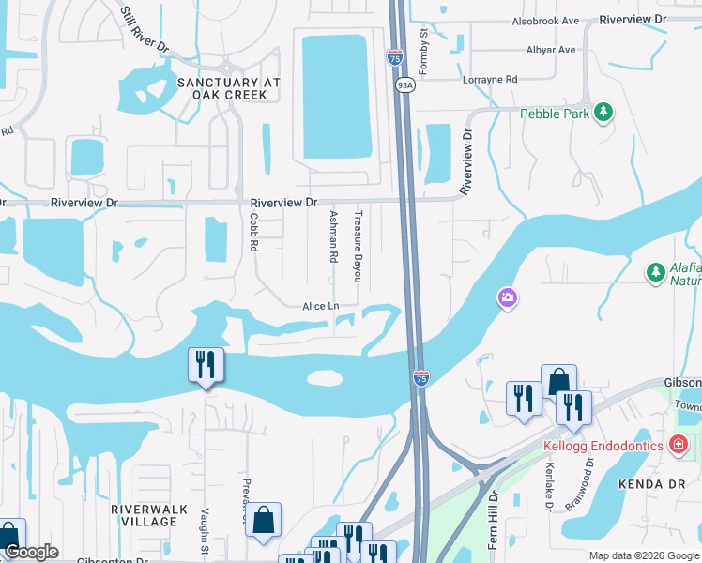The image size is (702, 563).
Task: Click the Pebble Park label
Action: pyautogui.click(x=555, y=114)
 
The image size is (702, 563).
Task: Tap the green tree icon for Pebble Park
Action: pyautogui.click(x=604, y=114)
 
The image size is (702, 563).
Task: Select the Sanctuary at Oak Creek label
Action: pyautogui.click(x=229, y=89)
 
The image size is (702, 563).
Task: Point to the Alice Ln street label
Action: pyautogui.click(x=320, y=306)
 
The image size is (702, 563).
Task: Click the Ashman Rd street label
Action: pyautogui.click(x=332, y=236)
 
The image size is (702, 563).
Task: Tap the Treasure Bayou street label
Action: pyautogui.click(x=357, y=246)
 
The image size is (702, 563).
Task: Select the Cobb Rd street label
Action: pyautogui.click(x=252, y=230)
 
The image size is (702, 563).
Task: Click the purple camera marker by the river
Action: pyautogui.click(x=507, y=297)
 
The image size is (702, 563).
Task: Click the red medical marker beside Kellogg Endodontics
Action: pyautogui.click(x=679, y=444)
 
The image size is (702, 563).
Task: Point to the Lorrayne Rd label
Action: pyautogui.click(x=490, y=80)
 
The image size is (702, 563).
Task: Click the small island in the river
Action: pyautogui.click(x=326, y=378)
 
